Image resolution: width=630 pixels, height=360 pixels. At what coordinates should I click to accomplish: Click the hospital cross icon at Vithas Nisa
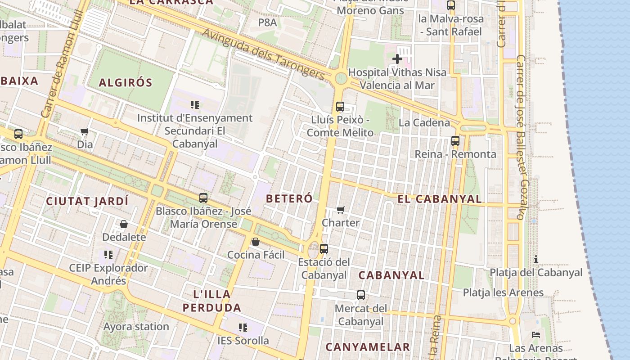pyautogui.click(x=397, y=58)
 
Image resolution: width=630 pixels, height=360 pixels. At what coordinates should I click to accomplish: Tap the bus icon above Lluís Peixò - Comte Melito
pyautogui.click(x=340, y=107)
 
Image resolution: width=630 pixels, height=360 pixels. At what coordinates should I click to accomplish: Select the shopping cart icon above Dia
pyautogui.click(x=84, y=131)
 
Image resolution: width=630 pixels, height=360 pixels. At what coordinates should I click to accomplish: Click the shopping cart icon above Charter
pyautogui.click(x=341, y=210)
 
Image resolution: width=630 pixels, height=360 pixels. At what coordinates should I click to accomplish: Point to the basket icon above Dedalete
pyautogui.click(x=124, y=224)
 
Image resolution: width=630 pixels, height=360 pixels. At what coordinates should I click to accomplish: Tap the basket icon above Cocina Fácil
pyautogui.click(x=256, y=242)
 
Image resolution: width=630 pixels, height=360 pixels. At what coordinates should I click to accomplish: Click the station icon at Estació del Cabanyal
pyautogui.click(x=324, y=248)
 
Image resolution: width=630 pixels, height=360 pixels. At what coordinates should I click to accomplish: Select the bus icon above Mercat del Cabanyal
pyautogui.click(x=361, y=295)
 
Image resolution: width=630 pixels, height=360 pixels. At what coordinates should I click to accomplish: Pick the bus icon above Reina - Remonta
pyautogui.click(x=455, y=141)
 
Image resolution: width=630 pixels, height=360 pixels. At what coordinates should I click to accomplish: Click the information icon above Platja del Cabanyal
pyautogui.click(x=536, y=259)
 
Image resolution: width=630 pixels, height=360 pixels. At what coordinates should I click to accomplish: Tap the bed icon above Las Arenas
pyautogui.click(x=536, y=335)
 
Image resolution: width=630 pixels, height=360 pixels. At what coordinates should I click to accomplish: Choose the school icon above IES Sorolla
pyautogui.click(x=243, y=327)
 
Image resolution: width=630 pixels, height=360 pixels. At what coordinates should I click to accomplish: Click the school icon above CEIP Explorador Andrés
pyautogui.click(x=108, y=255)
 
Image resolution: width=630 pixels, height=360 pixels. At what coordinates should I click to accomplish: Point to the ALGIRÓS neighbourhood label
pyautogui.click(x=126, y=83)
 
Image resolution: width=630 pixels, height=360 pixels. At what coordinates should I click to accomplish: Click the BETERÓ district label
pyautogui.click(x=289, y=198)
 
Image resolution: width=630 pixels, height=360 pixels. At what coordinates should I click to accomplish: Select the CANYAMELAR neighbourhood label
pyautogui.click(x=368, y=347)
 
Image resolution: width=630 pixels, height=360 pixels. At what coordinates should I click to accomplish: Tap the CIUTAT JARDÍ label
pyautogui.click(x=87, y=201)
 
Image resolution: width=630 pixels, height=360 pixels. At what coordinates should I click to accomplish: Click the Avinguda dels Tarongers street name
pyautogui.click(x=263, y=54)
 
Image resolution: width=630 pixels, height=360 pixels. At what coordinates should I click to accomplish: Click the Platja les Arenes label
pyautogui.click(x=503, y=292)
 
